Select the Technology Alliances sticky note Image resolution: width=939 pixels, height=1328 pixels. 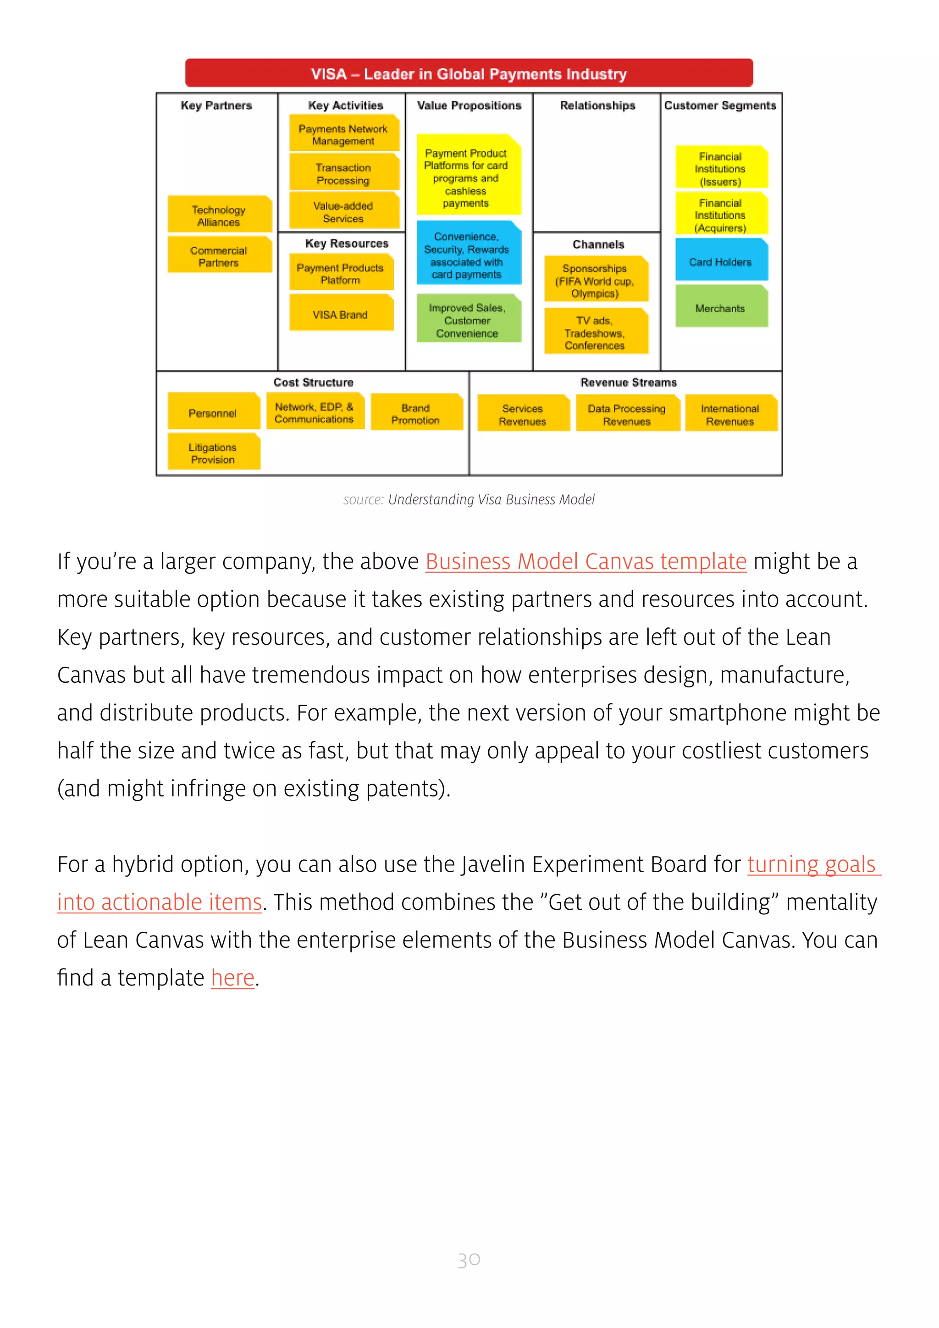tap(219, 215)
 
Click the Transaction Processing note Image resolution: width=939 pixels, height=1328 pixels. tap(343, 173)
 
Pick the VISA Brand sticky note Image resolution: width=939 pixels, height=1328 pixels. tap(341, 314)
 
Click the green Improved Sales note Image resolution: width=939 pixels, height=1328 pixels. tap(468, 320)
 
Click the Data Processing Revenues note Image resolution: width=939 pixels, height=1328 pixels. tap(627, 414)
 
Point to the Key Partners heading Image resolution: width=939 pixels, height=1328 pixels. tap(216, 105)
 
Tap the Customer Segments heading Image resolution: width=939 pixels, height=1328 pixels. tap(720, 105)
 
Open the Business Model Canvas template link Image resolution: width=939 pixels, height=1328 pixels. tap(585, 561)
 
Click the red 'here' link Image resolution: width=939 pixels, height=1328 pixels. tap(232, 978)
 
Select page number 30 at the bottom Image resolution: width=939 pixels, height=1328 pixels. tap(469, 1260)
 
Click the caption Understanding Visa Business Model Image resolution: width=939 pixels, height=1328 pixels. tap(491, 499)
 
